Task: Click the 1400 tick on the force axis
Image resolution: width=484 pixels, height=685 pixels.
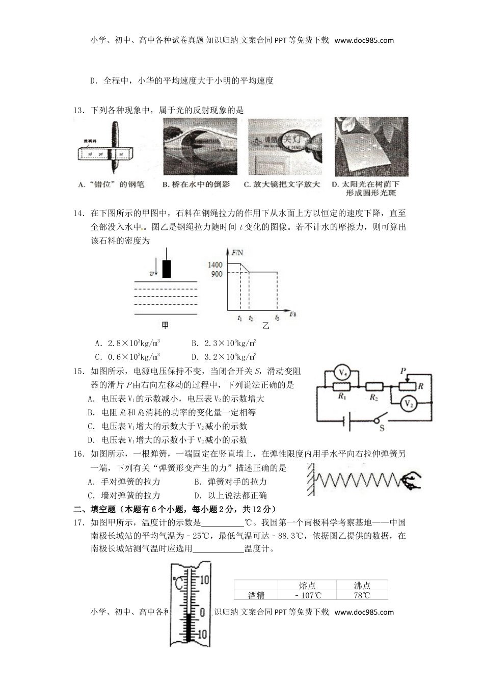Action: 215,265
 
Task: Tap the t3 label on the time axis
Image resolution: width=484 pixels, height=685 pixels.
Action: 277,318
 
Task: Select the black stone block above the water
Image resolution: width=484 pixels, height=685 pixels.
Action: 166,269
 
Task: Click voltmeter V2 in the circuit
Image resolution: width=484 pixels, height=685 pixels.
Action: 407,404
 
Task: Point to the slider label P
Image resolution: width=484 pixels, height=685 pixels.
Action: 403,371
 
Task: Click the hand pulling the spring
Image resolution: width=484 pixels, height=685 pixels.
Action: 411,480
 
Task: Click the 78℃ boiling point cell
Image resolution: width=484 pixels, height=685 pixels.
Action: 362,595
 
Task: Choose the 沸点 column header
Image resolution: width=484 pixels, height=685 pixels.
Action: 362,586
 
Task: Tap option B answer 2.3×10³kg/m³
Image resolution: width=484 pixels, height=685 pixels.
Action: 224,343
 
